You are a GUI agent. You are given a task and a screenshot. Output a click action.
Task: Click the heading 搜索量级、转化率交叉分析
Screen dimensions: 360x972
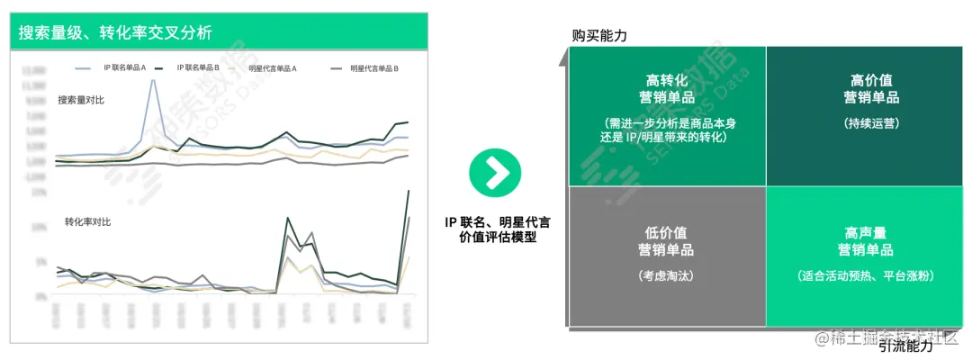pos(116,33)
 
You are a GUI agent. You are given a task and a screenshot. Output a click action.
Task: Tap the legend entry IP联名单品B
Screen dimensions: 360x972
pos(198,68)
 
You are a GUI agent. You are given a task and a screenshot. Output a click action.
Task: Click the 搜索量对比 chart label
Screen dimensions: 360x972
pos(80,100)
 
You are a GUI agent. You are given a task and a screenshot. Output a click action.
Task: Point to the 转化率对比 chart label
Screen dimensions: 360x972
pos(87,221)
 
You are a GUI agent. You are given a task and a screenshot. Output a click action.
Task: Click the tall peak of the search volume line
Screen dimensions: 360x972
pos(153,81)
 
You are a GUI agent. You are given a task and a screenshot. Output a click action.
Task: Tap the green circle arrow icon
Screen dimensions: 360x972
pos(495,171)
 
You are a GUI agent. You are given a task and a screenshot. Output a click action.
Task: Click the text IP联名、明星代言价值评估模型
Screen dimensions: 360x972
pos(496,229)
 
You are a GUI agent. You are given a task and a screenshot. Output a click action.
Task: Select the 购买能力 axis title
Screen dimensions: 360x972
pos(599,36)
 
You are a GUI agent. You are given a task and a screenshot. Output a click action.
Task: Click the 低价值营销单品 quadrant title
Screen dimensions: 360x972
pos(667,240)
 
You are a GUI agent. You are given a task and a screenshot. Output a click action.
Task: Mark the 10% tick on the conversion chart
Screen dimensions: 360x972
pos(40,228)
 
